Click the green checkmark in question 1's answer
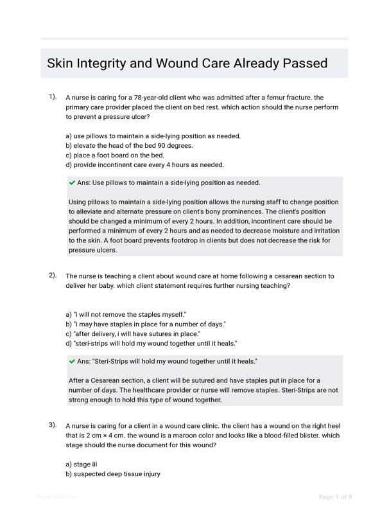tap(72, 182)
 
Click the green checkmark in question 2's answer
tap(72, 361)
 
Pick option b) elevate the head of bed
tap(120, 145)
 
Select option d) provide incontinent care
tap(144, 164)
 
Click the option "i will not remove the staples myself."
tap(126, 315)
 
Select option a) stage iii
tap(81, 464)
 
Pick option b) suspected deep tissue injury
tap(112, 474)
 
